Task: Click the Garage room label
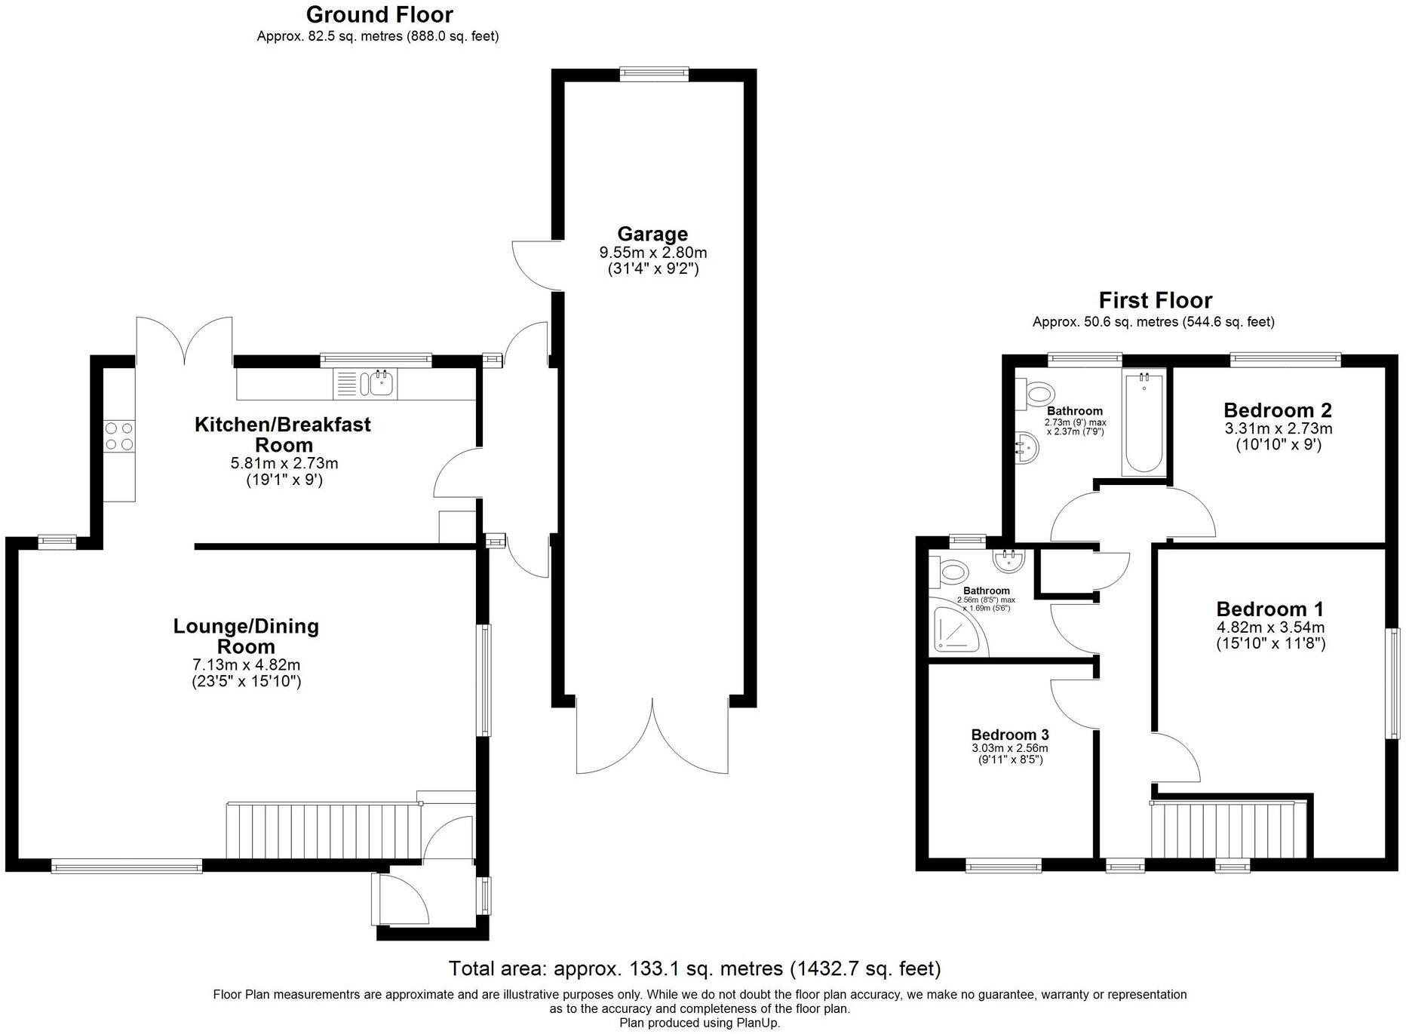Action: (652, 234)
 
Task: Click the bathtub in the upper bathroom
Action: (1144, 422)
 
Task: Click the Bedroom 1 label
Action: (1270, 609)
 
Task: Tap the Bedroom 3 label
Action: (1009, 735)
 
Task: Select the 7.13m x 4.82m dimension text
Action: (246, 665)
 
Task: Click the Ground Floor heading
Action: (379, 14)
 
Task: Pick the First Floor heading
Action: (1155, 300)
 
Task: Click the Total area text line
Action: (694, 968)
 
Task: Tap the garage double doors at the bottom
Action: (652, 735)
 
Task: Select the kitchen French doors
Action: (184, 339)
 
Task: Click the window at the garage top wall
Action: (654, 73)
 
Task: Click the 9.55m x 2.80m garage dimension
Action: (652, 253)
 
